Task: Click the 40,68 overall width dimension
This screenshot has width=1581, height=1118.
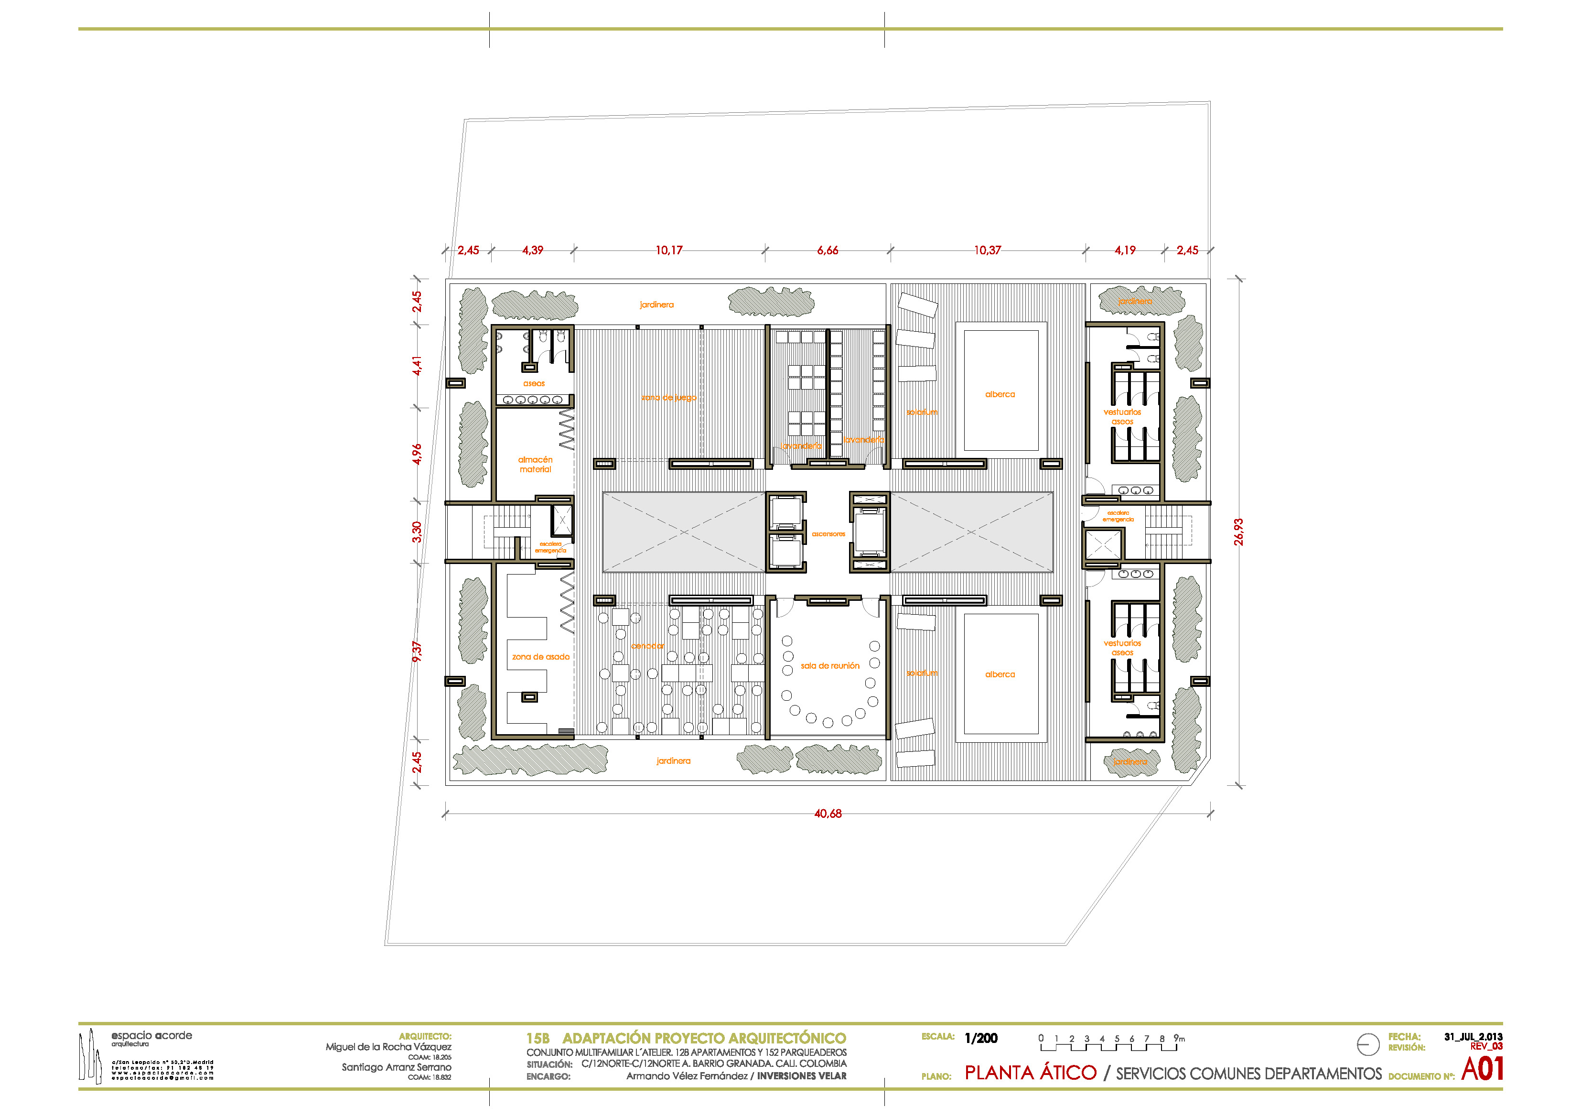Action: pos(828,814)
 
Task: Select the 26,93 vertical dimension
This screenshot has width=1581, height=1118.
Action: pos(1238,532)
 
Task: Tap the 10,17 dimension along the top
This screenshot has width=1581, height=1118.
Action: pos(668,250)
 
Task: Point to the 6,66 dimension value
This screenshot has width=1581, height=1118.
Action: pos(828,250)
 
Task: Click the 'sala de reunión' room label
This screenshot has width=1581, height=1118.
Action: pos(830,665)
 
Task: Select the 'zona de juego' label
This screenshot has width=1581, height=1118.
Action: pos(668,398)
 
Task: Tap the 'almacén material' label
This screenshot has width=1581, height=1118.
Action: pos(535,464)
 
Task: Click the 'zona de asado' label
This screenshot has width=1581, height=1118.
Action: pos(540,656)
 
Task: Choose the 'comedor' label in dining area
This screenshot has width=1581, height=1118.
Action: pos(647,645)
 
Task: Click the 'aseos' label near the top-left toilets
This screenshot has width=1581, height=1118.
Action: pos(534,383)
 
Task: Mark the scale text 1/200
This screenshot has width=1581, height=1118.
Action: pos(980,1038)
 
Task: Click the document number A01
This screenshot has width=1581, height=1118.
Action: pos(1481,1069)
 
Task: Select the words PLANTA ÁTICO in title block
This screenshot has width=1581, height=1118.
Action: pos(1030,1073)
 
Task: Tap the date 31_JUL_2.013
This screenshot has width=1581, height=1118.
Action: pos(1473,1036)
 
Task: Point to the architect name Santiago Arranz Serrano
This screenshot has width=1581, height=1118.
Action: pos(396,1067)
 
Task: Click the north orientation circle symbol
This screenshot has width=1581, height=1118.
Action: pos(1367,1044)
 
